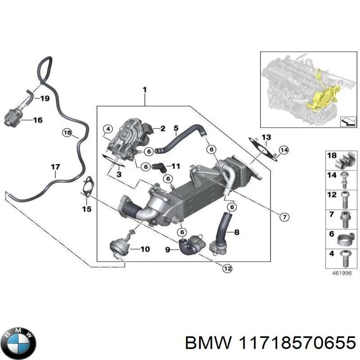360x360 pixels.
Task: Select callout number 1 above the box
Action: [144, 90]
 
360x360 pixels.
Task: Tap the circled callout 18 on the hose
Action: [67, 132]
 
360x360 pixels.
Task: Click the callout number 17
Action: [55, 167]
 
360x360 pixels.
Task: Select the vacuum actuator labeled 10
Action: [117, 247]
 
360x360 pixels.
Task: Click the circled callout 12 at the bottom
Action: [227, 268]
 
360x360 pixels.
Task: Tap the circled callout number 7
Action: [284, 217]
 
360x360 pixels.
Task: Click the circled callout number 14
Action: [283, 149]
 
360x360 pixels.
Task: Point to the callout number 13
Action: [266, 137]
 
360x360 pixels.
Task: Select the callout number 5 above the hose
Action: [176, 128]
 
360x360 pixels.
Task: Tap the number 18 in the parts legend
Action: [332, 156]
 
